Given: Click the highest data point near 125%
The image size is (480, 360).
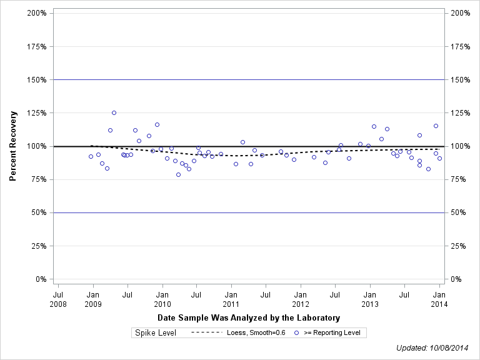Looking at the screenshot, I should point(114,112).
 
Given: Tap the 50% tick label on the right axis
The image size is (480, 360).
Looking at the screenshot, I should point(461,212).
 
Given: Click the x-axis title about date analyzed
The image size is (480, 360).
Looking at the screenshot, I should point(249,318).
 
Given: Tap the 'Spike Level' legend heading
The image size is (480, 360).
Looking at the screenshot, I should point(156,333).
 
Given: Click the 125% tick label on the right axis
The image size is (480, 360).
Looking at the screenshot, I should point(461,113).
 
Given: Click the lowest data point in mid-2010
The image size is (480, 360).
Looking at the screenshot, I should point(178,174).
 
